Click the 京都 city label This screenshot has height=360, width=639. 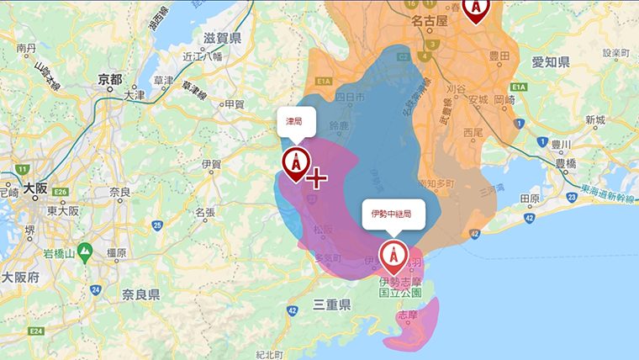coord(110,79)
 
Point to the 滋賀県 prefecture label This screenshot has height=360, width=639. coord(222,39)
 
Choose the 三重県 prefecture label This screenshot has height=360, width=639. coord(331,304)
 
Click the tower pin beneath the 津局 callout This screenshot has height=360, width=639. coord(295,162)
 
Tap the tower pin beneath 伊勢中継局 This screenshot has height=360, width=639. coord(392,254)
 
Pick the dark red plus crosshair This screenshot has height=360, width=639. coord(316,177)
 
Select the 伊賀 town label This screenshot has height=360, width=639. coord(211,163)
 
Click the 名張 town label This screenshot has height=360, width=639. coord(205,213)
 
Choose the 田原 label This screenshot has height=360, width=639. coord(530,199)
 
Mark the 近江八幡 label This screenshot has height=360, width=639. coord(203,57)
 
